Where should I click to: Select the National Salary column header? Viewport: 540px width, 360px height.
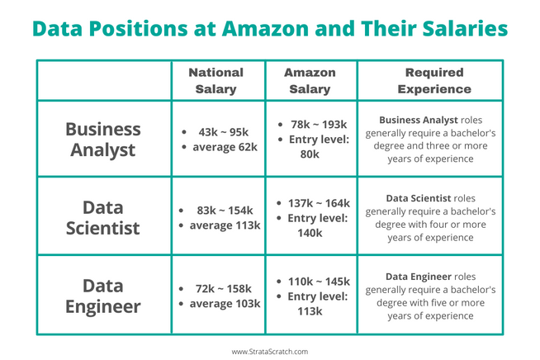(216, 80)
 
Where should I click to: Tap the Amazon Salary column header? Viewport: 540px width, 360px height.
(310, 80)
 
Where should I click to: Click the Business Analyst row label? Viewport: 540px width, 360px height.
(103, 140)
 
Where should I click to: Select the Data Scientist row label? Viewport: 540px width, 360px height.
(103, 217)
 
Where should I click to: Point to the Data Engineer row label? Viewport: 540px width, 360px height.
(103, 296)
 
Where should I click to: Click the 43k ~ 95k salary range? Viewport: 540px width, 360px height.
(224, 132)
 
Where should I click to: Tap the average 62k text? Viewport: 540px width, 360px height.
(224, 147)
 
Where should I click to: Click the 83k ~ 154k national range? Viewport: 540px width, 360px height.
(224, 211)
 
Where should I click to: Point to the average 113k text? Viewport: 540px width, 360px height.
(225, 225)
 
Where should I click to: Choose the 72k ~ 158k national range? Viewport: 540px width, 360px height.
(224, 289)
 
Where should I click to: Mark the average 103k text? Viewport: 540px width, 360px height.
(225, 304)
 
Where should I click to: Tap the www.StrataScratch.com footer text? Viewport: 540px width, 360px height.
(269, 351)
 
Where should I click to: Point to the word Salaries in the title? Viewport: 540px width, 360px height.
(460, 30)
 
